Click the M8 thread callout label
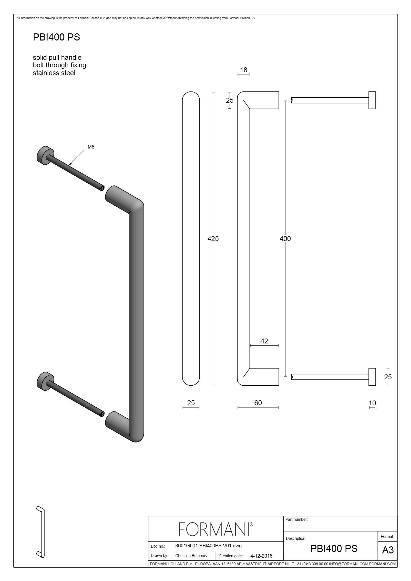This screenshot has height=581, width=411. tap(91, 147)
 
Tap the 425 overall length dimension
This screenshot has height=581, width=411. tap(213, 238)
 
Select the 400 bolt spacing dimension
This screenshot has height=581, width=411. tap(285, 238)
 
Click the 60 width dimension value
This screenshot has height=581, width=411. tap(258, 403)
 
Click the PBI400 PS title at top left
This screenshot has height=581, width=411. tap(56, 37)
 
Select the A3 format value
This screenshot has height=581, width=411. tap(388, 550)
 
